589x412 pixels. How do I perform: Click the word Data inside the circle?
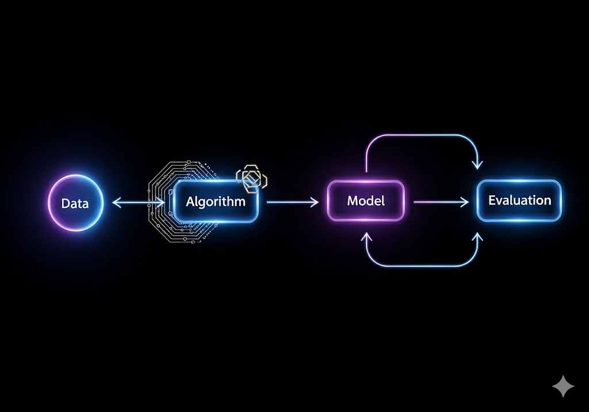(x=75, y=203)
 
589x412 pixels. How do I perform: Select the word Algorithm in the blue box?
(x=215, y=202)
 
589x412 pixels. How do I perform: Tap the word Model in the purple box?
(x=366, y=201)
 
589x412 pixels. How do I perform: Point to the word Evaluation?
(x=519, y=201)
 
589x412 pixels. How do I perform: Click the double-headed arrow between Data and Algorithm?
(x=138, y=202)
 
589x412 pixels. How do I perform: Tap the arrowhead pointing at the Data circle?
(x=116, y=202)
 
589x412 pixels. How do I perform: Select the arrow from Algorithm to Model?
(x=292, y=202)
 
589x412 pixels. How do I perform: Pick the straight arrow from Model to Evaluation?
(x=442, y=202)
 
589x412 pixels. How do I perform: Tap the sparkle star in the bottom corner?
(x=563, y=386)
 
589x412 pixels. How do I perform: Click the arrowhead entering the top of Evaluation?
(x=477, y=165)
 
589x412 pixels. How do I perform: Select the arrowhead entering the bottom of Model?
(x=366, y=236)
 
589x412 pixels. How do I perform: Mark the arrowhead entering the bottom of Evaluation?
(x=477, y=236)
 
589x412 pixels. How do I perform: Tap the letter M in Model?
(x=352, y=201)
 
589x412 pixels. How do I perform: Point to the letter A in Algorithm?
(x=191, y=202)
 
